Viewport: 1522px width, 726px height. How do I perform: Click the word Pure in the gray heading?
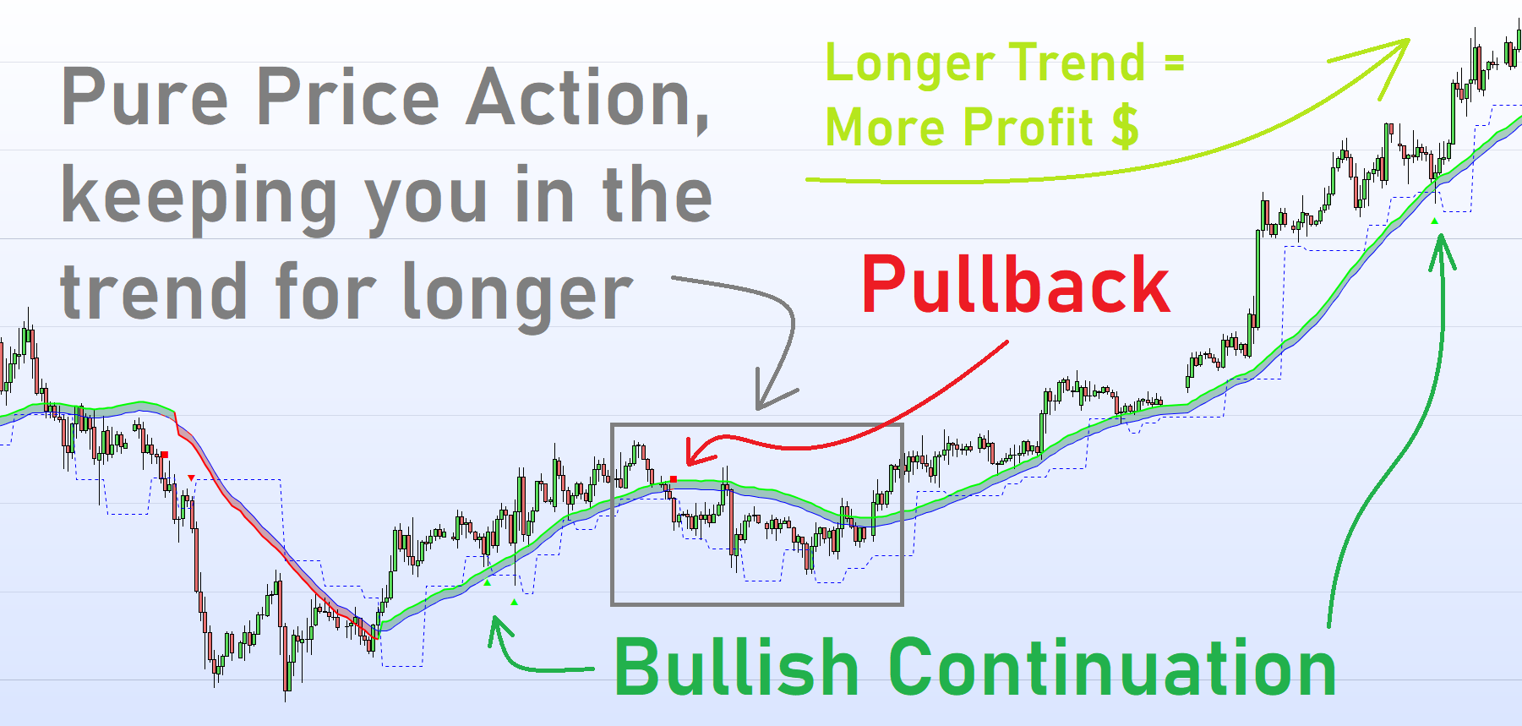click(x=145, y=98)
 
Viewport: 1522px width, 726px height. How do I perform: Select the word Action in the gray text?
click(x=587, y=98)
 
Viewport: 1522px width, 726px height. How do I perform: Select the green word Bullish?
click(x=736, y=667)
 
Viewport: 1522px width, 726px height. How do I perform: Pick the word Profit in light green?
click(x=1028, y=127)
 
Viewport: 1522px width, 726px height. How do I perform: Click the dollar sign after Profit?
click(x=1125, y=127)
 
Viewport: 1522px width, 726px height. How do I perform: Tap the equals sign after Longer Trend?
click(x=1174, y=63)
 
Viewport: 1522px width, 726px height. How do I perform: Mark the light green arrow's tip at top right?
click(x=1408, y=40)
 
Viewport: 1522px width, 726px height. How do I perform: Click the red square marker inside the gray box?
click(x=674, y=480)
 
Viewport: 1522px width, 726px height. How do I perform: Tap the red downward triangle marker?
click(x=192, y=478)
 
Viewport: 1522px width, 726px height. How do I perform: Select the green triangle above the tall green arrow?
click(x=1434, y=221)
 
